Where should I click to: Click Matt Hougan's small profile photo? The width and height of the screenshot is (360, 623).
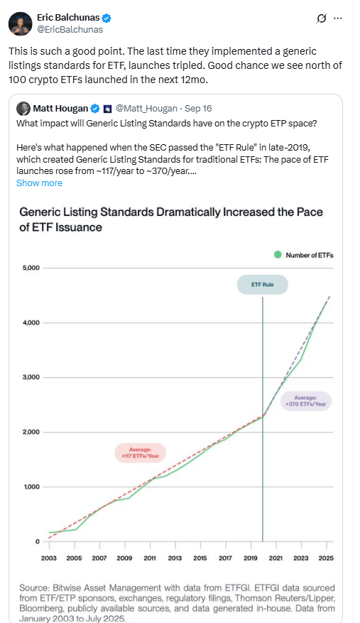click(x=23, y=109)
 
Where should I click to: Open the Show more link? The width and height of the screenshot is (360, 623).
click(x=39, y=183)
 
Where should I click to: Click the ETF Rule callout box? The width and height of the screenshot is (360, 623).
click(x=263, y=286)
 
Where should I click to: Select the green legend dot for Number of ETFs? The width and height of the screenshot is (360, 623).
click(x=278, y=254)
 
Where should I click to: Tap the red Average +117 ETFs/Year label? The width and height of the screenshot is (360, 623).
click(x=140, y=453)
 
